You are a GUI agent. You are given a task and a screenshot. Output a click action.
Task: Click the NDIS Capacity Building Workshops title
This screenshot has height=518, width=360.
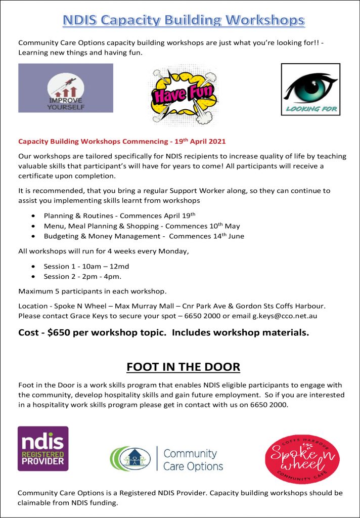(x=184, y=20)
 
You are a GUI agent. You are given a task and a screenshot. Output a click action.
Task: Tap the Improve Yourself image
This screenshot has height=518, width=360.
(x=66, y=88)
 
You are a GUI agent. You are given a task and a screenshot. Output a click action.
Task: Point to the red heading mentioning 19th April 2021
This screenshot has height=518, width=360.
(x=122, y=141)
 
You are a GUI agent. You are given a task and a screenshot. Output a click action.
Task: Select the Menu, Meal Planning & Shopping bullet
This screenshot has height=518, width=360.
(x=142, y=226)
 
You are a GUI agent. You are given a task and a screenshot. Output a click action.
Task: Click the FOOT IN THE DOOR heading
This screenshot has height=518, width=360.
(x=183, y=366)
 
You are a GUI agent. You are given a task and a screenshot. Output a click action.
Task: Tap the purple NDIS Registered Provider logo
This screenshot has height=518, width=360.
(x=43, y=448)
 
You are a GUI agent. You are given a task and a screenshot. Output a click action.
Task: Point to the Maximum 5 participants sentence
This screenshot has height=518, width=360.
(x=100, y=291)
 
